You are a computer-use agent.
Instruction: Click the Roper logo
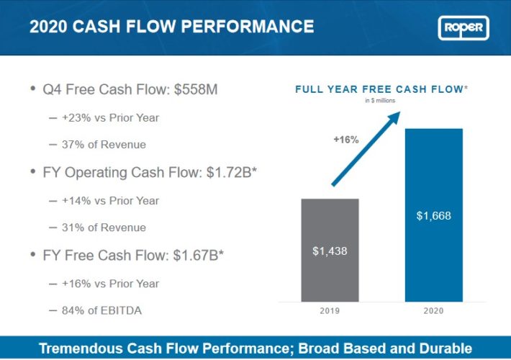(x=463, y=28)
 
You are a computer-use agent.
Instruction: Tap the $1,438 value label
(x=330, y=251)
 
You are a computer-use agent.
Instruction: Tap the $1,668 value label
(x=433, y=216)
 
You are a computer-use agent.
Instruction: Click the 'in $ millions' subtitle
(x=381, y=101)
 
